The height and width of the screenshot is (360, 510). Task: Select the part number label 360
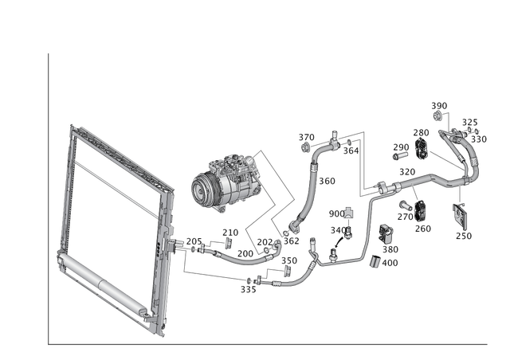[328, 182]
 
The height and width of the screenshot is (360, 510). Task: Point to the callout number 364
[351, 146]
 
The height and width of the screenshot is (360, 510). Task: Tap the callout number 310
[406, 171]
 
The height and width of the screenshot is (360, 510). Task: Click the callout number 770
[423, 131]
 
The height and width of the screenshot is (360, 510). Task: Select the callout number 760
[423, 229]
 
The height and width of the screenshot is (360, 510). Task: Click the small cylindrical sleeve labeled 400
[388, 233]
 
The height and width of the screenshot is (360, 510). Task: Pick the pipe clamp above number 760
[422, 211]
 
